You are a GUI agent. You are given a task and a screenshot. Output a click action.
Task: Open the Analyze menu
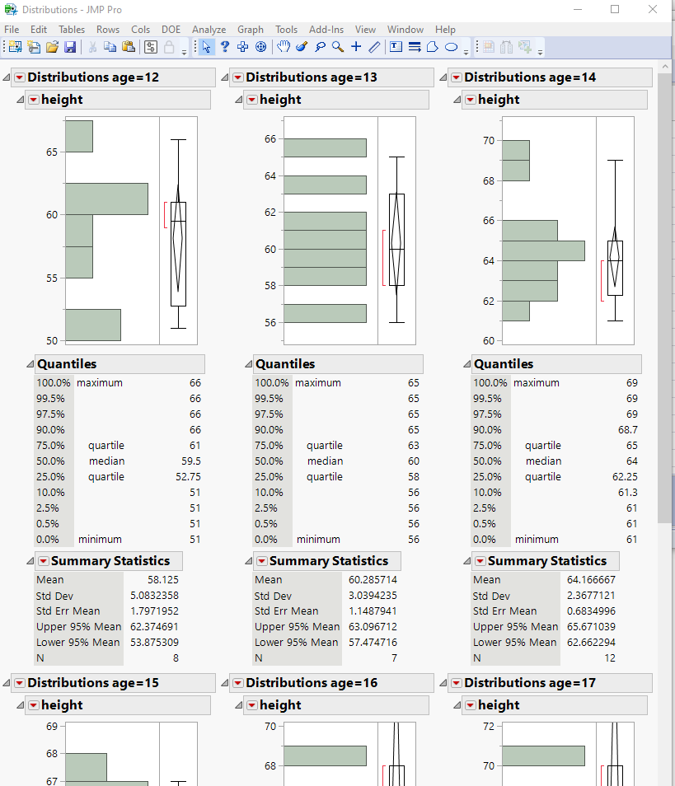pyautogui.click(x=209, y=30)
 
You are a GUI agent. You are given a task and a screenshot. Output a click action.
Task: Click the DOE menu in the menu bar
pyautogui.click(x=171, y=30)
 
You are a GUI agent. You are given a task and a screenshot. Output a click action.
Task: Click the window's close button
pyautogui.click(x=653, y=10)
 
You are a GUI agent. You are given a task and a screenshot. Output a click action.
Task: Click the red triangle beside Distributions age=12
pyautogui.click(x=20, y=77)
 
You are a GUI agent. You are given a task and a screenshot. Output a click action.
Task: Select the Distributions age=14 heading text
pyautogui.click(x=530, y=77)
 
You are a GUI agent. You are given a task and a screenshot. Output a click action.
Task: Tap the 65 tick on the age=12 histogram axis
pyautogui.click(x=52, y=152)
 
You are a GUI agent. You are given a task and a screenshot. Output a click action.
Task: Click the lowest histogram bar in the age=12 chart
pyautogui.click(x=93, y=325)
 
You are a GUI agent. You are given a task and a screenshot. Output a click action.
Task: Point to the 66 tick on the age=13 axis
pyautogui.click(x=270, y=139)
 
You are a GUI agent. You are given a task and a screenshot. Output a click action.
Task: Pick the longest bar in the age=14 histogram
pyautogui.click(x=543, y=250)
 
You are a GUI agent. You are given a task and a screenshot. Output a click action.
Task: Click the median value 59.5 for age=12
pyautogui.click(x=191, y=461)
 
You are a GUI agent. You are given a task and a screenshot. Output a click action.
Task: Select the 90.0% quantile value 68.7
pyautogui.click(x=626, y=430)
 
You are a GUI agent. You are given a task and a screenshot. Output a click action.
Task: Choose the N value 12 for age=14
pyautogui.click(x=632, y=658)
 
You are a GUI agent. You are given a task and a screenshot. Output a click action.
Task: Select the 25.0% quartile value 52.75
pyautogui.click(x=186, y=477)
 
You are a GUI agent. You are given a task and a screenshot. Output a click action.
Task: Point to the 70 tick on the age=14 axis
pyautogui.click(x=489, y=141)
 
